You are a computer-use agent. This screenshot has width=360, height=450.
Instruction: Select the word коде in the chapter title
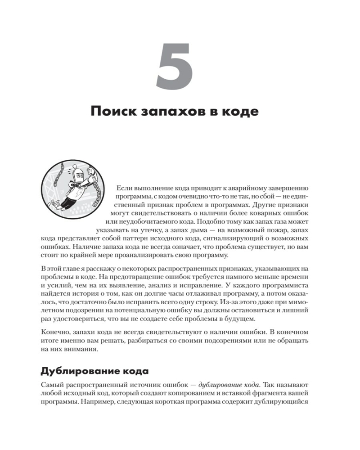(x=242, y=111)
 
